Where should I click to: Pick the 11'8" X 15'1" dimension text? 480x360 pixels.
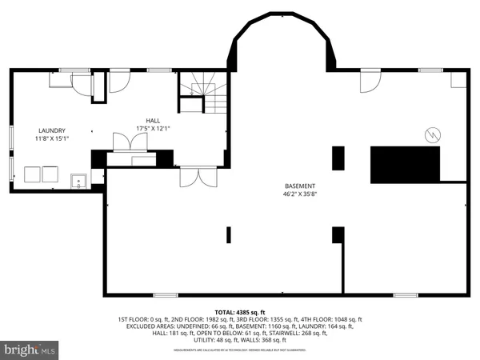[x=53, y=138]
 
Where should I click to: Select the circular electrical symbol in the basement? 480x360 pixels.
[x=431, y=135]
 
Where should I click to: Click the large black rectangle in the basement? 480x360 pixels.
[x=405, y=165]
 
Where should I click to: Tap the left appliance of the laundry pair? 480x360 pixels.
[x=33, y=174]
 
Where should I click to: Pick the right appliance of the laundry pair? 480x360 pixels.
[x=50, y=174]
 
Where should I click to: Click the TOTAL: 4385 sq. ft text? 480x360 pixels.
[x=239, y=312]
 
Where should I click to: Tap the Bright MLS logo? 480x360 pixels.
[x=30, y=349]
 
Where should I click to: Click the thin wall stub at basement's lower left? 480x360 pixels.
[x=229, y=234]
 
